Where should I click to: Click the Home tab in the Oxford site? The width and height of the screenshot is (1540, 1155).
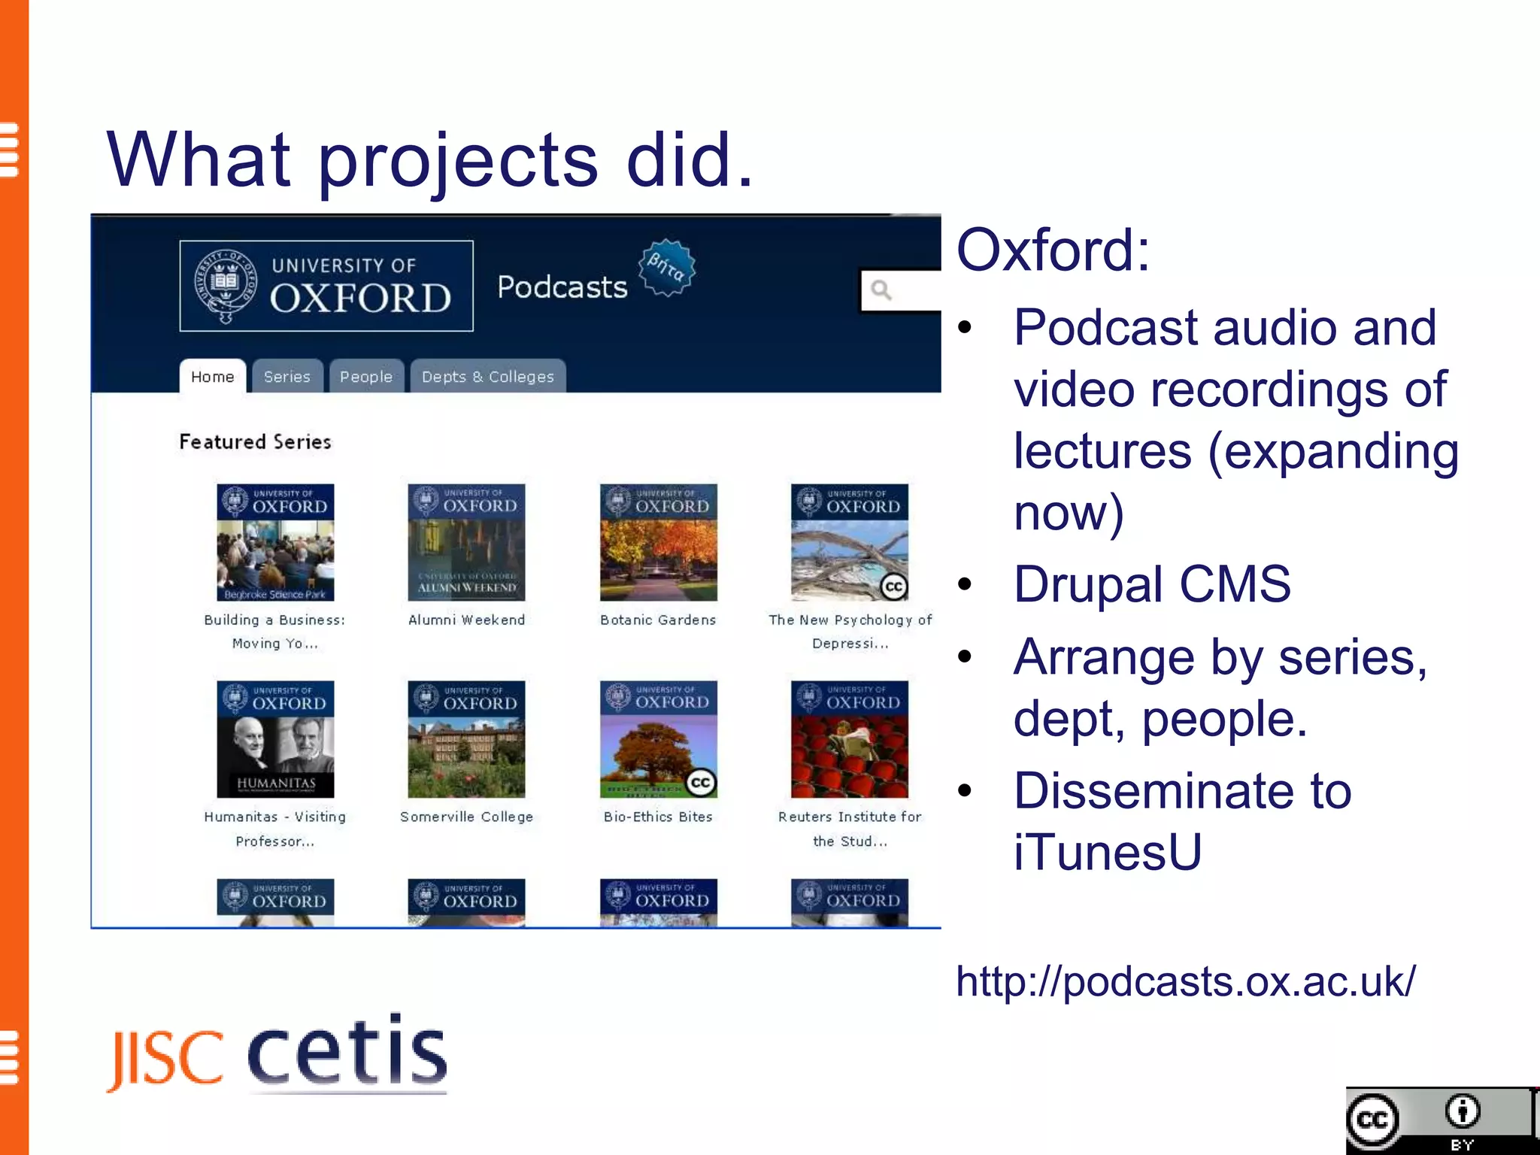[x=212, y=377]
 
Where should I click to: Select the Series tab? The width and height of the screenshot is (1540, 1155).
[x=286, y=377]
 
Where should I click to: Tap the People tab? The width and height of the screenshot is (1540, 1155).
[x=365, y=377]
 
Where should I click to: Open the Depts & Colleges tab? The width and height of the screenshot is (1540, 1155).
[x=487, y=377]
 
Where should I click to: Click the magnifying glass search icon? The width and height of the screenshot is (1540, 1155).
[x=881, y=290]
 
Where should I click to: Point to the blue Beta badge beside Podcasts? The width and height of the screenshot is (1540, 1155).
[x=666, y=268]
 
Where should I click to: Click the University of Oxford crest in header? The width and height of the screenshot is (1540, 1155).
[x=226, y=286]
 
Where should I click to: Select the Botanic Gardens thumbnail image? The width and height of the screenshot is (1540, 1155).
[x=658, y=542]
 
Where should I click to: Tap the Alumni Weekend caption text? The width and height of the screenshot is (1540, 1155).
[x=466, y=620]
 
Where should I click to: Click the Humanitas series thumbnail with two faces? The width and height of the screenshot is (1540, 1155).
[x=275, y=739]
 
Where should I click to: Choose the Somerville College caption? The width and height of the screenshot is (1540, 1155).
[x=466, y=817]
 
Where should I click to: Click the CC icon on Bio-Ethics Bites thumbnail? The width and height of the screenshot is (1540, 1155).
[x=700, y=782]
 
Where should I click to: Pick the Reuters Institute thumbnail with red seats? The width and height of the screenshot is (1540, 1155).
[x=849, y=739]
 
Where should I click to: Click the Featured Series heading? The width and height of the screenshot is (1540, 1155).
[x=255, y=441]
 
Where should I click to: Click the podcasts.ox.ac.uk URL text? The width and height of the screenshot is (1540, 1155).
[x=1185, y=981]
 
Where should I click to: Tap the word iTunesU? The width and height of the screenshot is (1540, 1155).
[x=1107, y=853]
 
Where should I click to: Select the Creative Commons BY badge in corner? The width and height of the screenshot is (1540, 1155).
[x=1438, y=1120]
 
